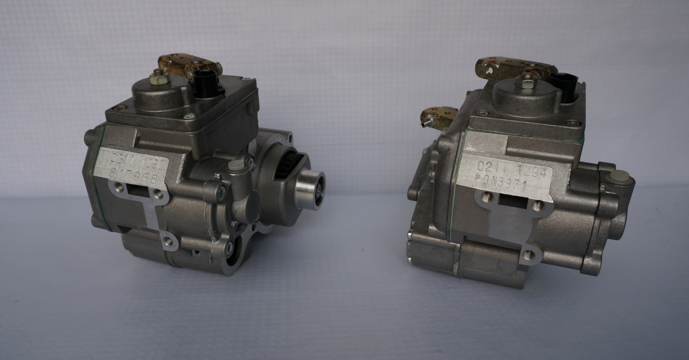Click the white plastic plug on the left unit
click(234, 167)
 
